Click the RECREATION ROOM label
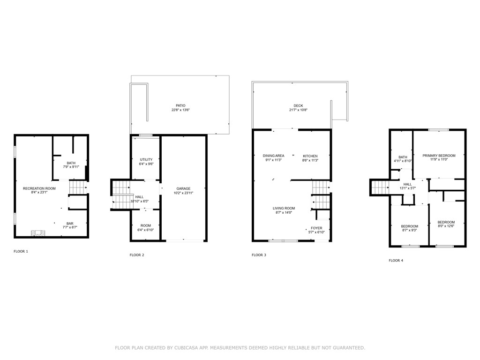pos(39,188)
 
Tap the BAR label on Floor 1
pos(70,224)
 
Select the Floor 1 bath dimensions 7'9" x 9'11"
pos(71,167)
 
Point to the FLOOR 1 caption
pos(21,251)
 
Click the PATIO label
pos(180,105)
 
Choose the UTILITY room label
pos(146,160)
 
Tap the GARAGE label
pos(183,188)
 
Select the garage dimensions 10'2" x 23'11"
pos(183,193)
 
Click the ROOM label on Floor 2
pos(146,225)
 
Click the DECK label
pos(298,106)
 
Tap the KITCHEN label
pos(310,156)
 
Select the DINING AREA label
pos(273,156)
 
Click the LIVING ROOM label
pos(284,208)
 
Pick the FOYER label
pos(316,228)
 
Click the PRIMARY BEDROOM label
pos(439,155)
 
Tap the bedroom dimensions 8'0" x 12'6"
pos(446,226)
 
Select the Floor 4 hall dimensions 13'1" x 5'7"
pos(407,188)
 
